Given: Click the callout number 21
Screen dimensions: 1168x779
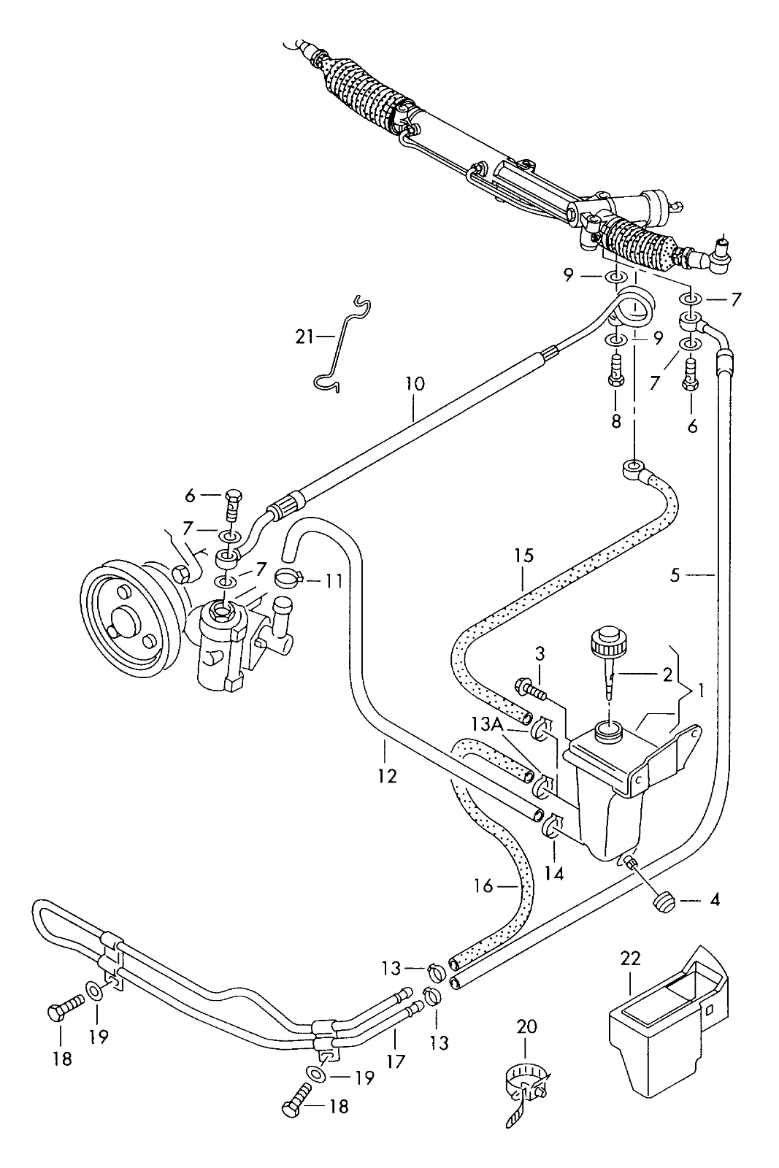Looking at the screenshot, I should pyautogui.click(x=304, y=337).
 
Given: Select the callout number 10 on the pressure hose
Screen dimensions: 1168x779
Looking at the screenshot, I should pyautogui.click(x=415, y=384).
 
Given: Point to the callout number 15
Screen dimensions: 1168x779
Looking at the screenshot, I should pyautogui.click(x=523, y=556).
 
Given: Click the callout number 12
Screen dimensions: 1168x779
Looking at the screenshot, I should pyautogui.click(x=387, y=776).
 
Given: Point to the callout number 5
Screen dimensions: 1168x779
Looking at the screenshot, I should pyautogui.click(x=675, y=575).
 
